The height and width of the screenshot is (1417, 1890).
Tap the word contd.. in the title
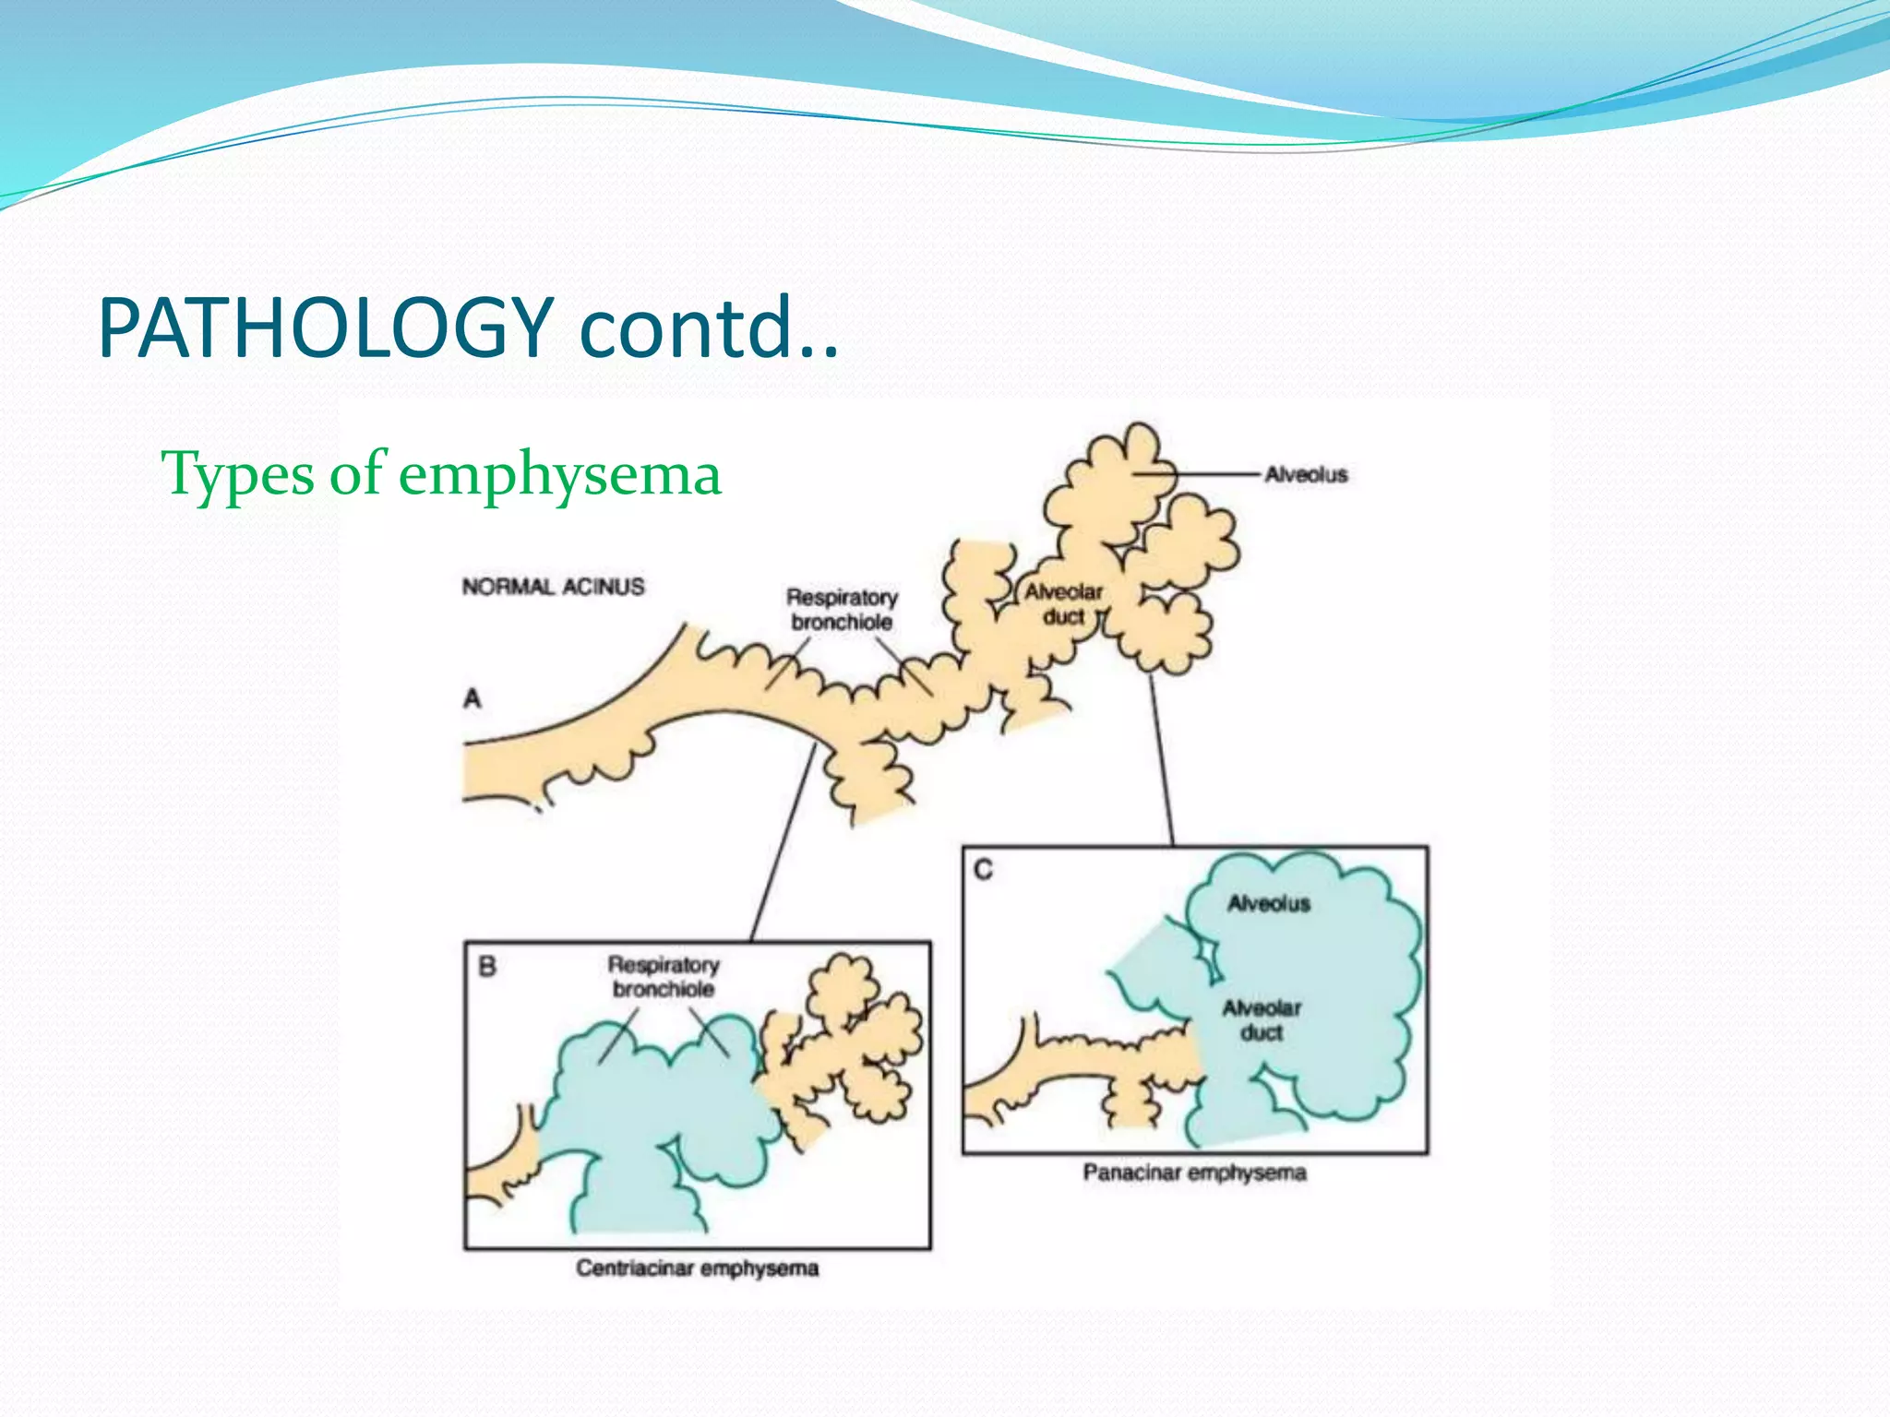click(x=709, y=328)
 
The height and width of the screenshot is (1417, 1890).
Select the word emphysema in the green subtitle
click(x=559, y=474)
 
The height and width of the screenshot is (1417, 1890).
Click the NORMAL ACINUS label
click(x=553, y=587)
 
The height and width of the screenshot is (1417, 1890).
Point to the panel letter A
click(x=472, y=698)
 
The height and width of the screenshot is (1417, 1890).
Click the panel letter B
click(x=487, y=966)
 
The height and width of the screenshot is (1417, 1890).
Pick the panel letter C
click(x=984, y=869)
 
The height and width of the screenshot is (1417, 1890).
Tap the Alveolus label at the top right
click(x=1305, y=474)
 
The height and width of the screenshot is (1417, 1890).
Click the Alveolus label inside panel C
click(x=1268, y=903)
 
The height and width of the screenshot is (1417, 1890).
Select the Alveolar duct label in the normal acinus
click(x=1063, y=604)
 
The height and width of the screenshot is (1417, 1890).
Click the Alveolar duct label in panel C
click(x=1261, y=1019)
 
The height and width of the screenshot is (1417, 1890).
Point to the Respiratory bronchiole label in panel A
click(x=841, y=609)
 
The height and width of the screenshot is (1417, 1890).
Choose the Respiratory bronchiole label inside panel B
click(x=663, y=976)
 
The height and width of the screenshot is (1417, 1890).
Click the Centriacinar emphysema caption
click(x=697, y=1268)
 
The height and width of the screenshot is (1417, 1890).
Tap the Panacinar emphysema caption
click(x=1194, y=1173)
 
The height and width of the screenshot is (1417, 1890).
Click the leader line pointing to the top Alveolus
click(x=1209, y=474)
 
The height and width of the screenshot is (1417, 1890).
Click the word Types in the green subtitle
click(x=237, y=474)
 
